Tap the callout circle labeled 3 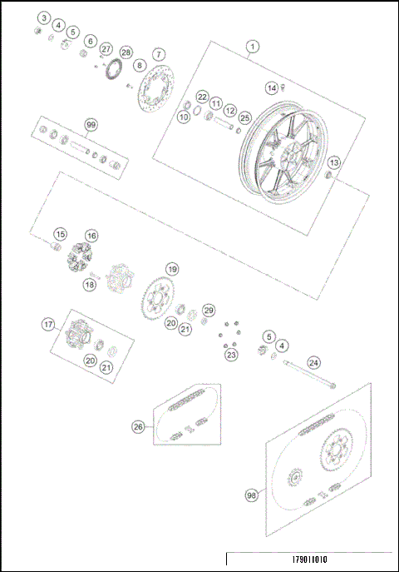43,17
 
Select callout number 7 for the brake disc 158,53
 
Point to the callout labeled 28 126,52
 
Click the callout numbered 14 271,87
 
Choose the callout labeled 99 91,125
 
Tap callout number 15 60,235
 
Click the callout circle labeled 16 91,236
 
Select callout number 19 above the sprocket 171,269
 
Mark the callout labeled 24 313,362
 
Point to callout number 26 138,426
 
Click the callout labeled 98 250,495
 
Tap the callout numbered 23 231,355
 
